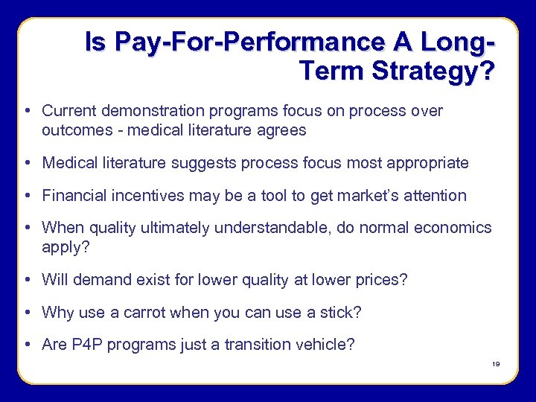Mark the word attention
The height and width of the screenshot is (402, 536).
[x=434, y=196]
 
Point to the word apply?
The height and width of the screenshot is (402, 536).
[x=66, y=246]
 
